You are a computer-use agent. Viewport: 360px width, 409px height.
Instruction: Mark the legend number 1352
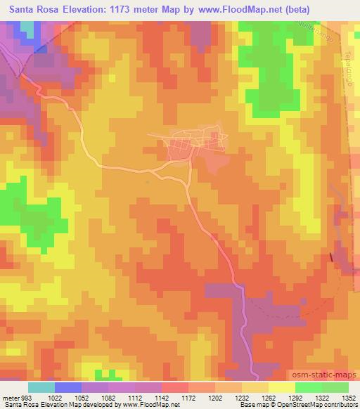click(x=349, y=397)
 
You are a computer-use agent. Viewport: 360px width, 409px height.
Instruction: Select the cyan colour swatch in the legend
click(x=41, y=387)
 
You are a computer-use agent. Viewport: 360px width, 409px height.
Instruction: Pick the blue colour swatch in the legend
click(x=67, y=387)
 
